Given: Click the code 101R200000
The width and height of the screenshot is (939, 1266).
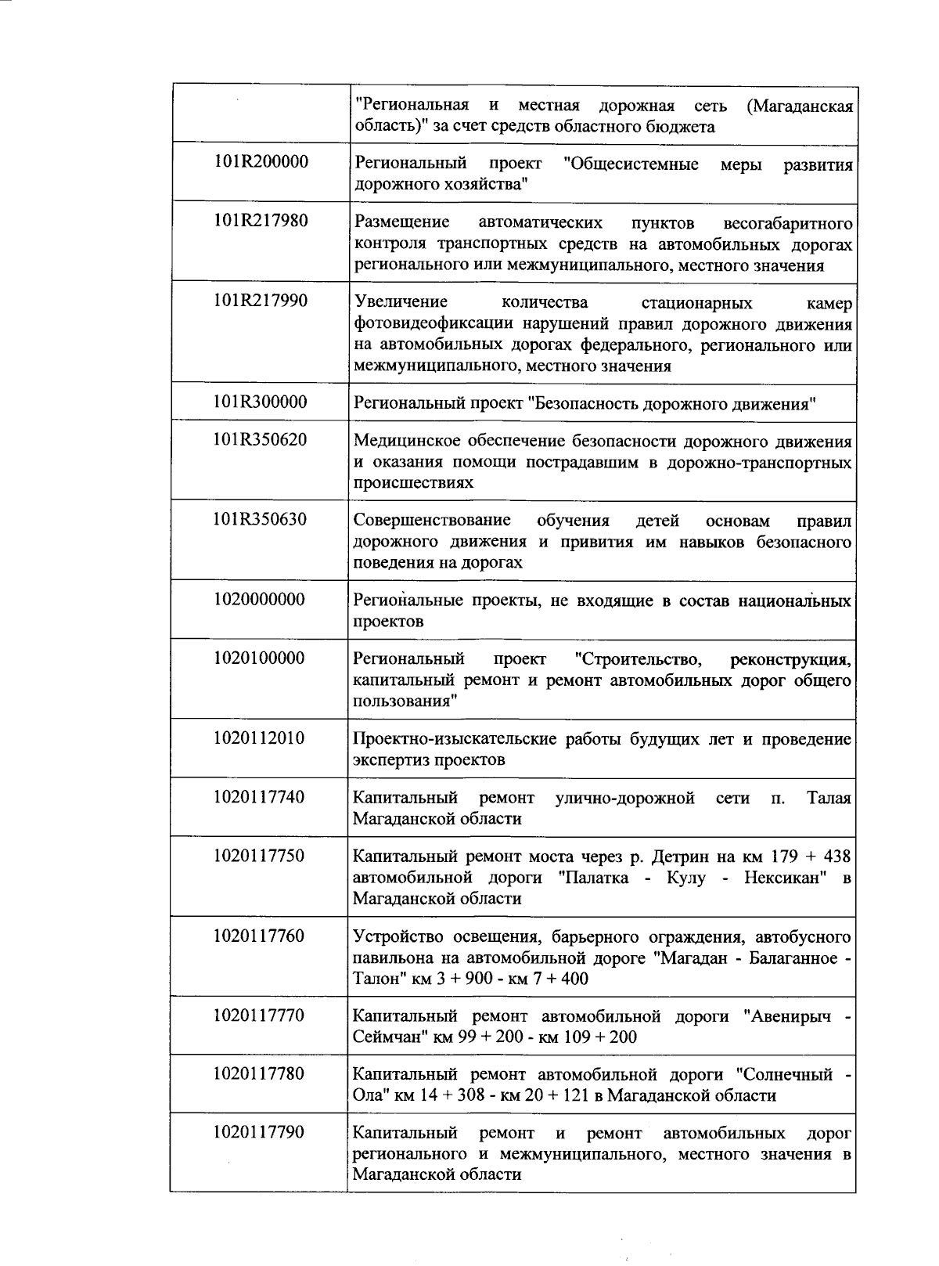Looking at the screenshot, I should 261,162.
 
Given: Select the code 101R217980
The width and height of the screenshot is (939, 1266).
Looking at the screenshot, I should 261,221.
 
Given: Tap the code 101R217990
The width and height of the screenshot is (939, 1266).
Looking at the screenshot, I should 261,301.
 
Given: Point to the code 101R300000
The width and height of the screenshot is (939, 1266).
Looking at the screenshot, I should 261,402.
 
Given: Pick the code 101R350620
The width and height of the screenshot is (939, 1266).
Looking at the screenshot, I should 261,440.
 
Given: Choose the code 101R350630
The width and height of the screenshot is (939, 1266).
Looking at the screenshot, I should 261,520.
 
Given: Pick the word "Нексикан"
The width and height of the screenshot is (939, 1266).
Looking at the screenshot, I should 788,878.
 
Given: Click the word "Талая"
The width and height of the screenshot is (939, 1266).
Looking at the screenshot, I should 829,798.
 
